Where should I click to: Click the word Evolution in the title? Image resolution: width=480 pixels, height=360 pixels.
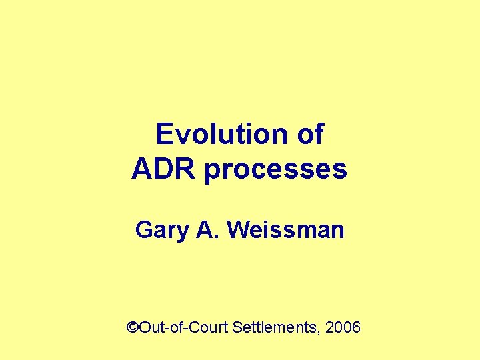221,135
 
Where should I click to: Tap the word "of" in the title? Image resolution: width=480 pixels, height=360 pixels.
310,135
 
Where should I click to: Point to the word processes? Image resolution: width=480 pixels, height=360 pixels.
275,171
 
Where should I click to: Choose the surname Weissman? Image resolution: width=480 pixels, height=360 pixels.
285,231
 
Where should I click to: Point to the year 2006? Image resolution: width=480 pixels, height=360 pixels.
345,327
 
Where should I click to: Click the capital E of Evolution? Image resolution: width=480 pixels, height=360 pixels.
163,135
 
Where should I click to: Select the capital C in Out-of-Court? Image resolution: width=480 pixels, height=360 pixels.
197,327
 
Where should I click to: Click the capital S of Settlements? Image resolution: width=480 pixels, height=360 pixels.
237,327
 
